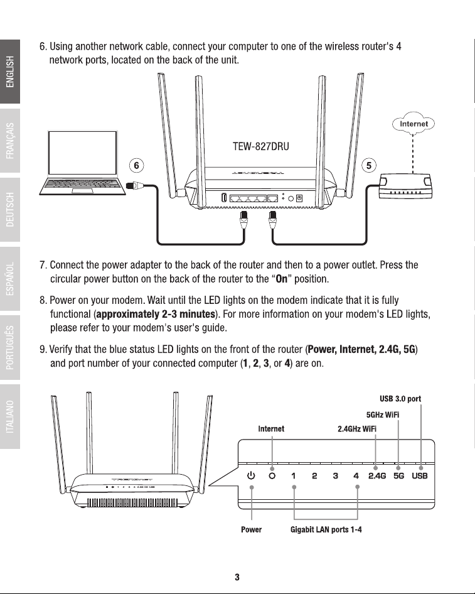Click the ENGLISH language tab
coord(10,72)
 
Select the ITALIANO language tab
coord(10,416)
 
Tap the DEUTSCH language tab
coord(10,210)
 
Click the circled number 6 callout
coord(137,166)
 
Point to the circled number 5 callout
coord(369,166)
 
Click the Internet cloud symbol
coord(414,124)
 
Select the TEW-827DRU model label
coord(261,146)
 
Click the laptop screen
coord(82,153)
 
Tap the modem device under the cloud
coord(405,185)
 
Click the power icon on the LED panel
coord(251,476)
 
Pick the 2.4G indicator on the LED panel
coord(377,476)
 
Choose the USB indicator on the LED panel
coord(420,476)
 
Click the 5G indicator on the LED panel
coord(399,476)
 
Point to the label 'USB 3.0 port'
coord(400,399)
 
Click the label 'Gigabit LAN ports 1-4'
coord(326,529)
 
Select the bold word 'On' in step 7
coord(282,279)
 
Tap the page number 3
coord(237,577)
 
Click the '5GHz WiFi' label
coord(383,415)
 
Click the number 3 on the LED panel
coord(335,476)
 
